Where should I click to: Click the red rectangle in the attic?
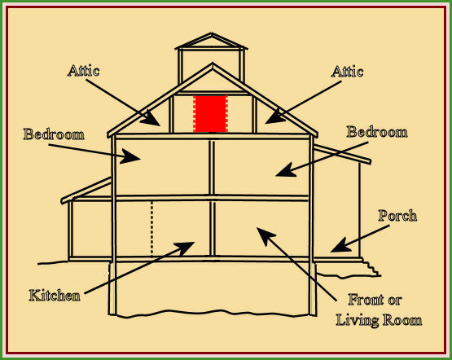pos(211,113)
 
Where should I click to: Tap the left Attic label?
pos(84,71)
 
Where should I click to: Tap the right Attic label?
pos(347,71)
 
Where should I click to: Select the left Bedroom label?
pos(54,134)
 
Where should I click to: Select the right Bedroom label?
pos(377,132)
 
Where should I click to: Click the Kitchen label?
pos(55,296)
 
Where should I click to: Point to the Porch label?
pos(397,216)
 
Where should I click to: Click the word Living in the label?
pos(358,321)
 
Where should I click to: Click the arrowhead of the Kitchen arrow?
pos(185,248)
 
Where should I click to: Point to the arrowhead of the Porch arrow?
pos(340,246)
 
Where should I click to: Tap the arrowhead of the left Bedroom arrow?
pos(130,156)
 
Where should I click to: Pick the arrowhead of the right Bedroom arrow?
pos(286,170)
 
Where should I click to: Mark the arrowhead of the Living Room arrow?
pos(265,235)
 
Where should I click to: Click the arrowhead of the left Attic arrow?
pos(151,118)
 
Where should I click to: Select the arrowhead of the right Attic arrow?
pos(274,117)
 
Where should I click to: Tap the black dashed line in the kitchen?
pos(152,229)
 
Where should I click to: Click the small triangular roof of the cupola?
pos(211,41)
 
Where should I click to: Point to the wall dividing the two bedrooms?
pos(212,167)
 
